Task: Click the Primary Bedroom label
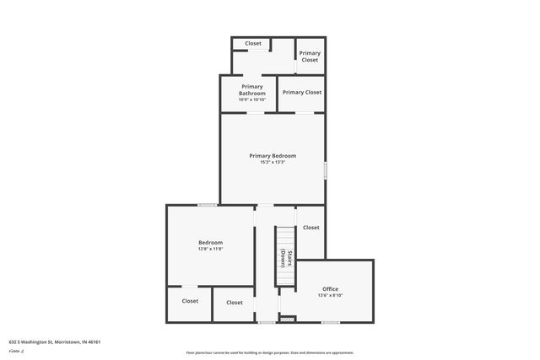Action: click(272, 155)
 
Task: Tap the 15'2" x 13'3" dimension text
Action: click(272, 162)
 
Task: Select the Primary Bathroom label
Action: click(252, 89)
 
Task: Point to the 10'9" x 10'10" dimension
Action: click(252, 99)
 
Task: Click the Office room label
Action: click(330, 288)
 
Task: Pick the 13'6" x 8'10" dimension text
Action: click(330, 295)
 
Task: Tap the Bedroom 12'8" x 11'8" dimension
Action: click(210, 249)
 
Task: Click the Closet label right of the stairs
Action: click(310, 227)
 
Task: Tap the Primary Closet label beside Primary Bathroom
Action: click(302, 92)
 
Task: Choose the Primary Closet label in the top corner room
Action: click(310, 56)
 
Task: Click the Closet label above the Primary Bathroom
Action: click(253, 43)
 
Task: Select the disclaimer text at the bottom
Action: click(269, 352)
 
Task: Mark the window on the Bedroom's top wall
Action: click(207, 205)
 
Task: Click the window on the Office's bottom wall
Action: click(331, 321)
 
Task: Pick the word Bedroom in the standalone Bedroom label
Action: click(210, 242)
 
